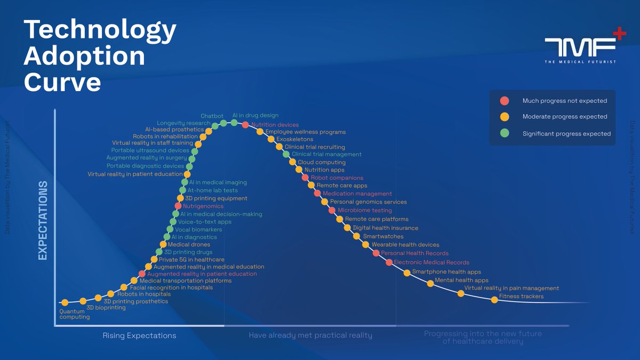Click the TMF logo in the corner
[585, 49]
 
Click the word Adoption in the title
[84, 56]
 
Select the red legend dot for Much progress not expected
[505, 100]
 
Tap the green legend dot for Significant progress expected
[505, 133]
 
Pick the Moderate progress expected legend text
[565, 117]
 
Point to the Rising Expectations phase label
[139, 335]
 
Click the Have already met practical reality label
[310, 335]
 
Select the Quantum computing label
[74, 314]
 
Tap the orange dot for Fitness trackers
[494, 300]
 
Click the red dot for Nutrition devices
[245, 125]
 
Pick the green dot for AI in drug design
[234, 123]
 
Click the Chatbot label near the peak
[212, 116]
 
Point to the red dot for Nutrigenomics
[178, 206]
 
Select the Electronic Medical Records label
[431, 262]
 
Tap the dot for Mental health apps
[430, 283]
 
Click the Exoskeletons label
[294, 139]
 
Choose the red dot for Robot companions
[305, 178]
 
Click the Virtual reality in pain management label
[511, 288]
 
